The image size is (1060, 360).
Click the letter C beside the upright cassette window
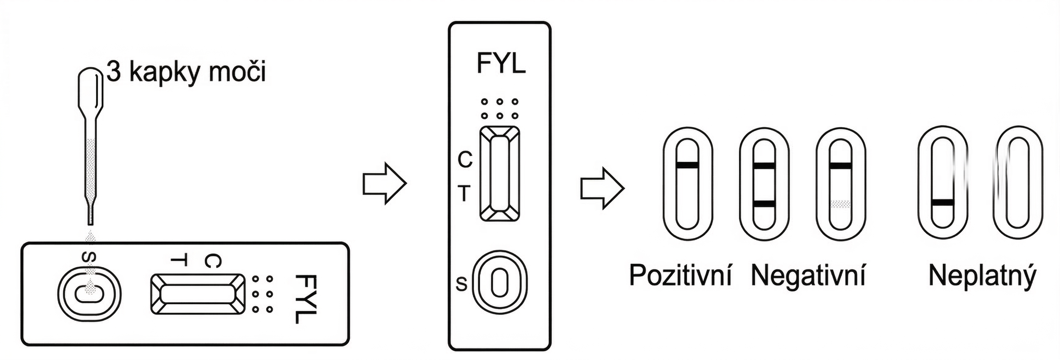tap(466, 160)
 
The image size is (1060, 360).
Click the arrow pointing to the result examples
tap(602, 188)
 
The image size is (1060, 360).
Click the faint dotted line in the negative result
tap(840, 204)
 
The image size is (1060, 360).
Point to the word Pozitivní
tap(681, 276)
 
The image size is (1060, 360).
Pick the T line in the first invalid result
tap(942, 202)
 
